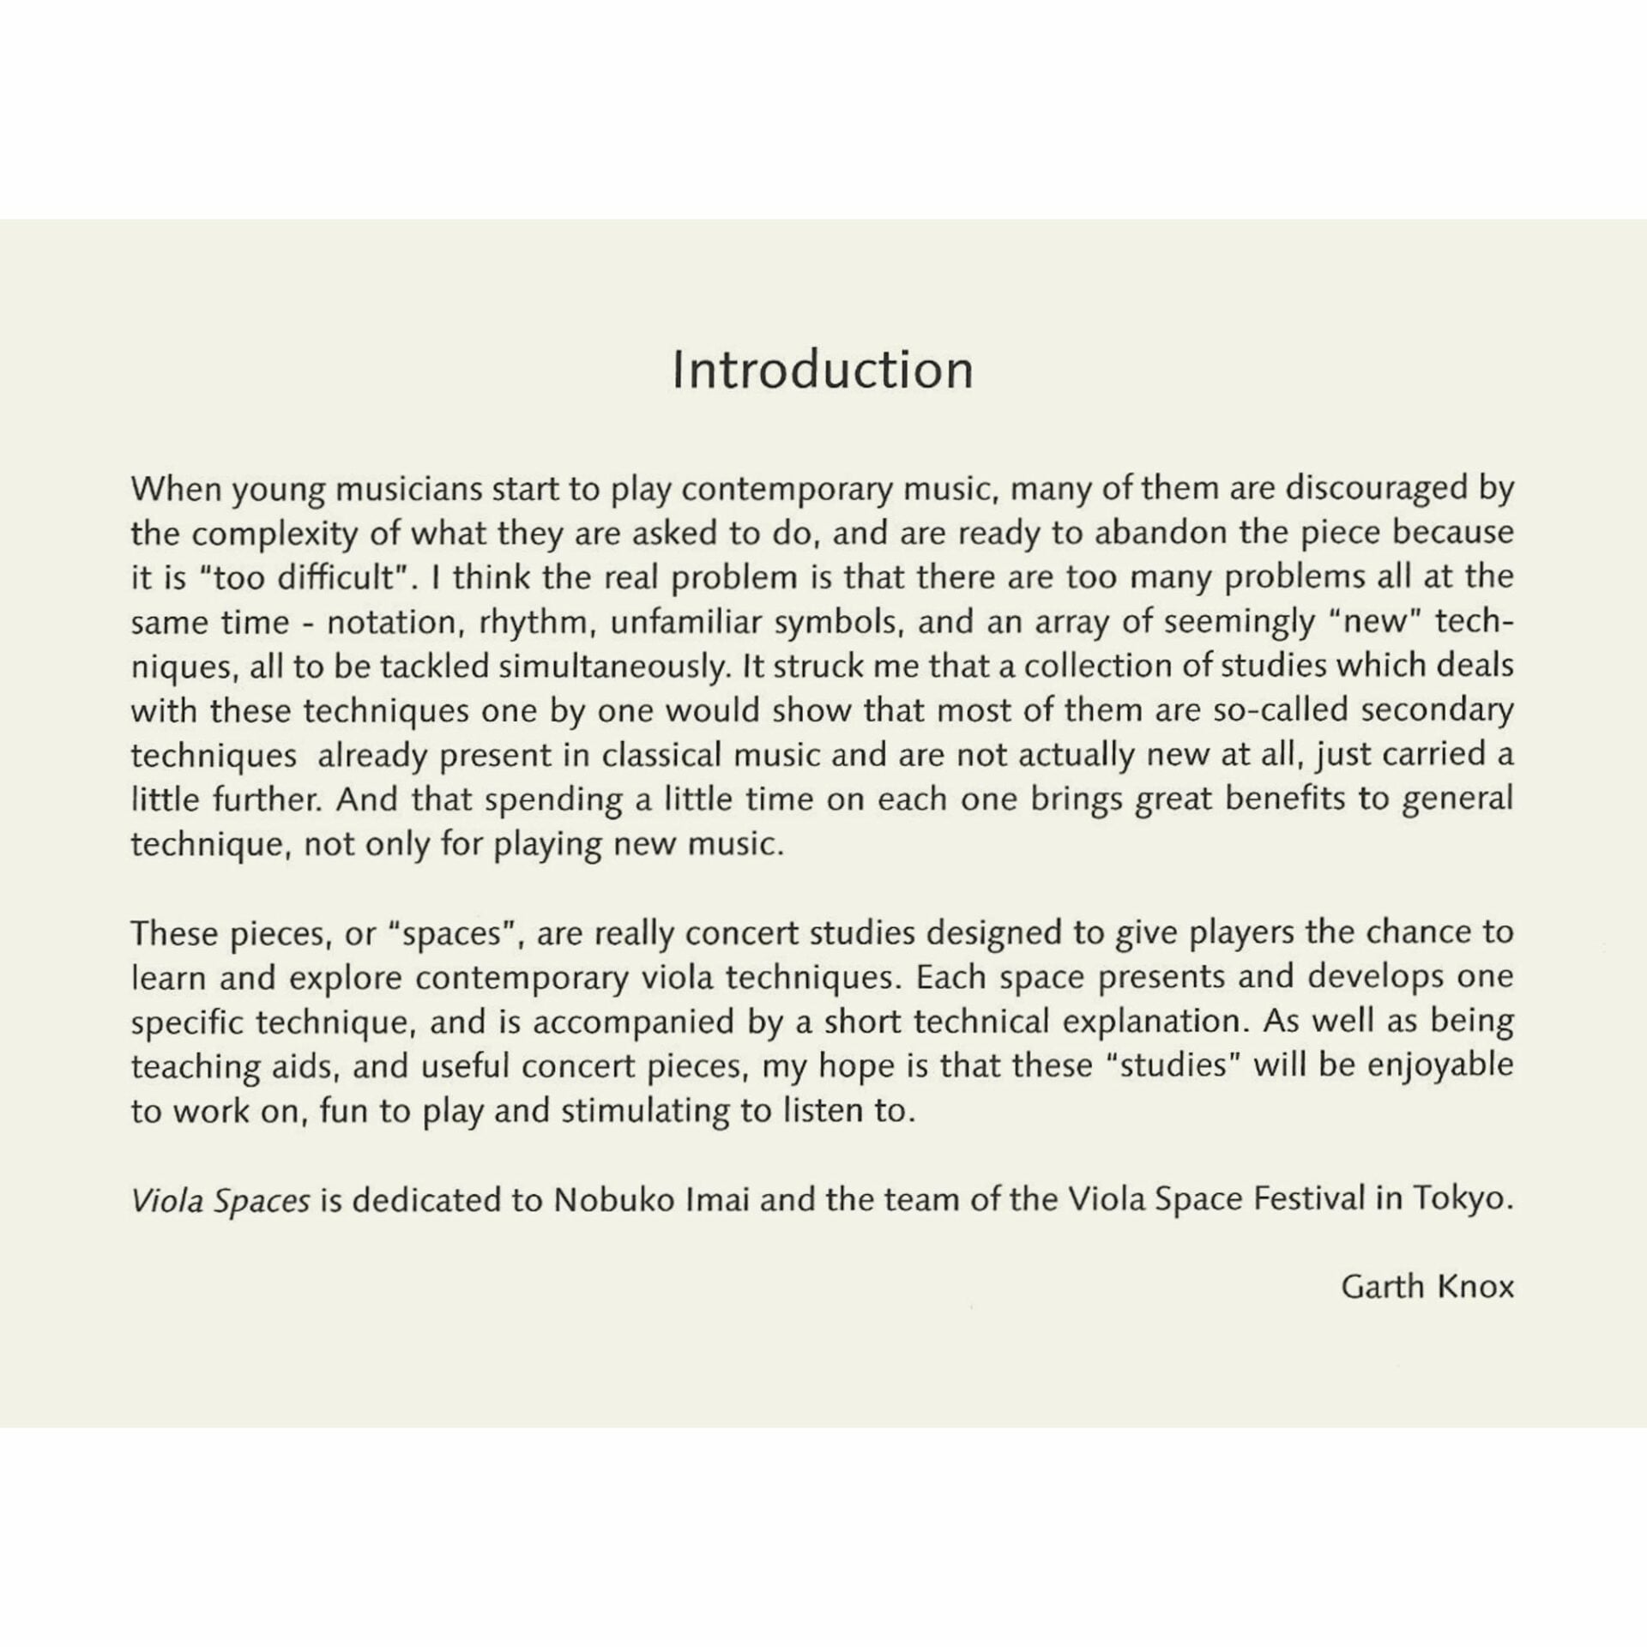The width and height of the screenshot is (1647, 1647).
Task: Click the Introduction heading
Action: (823, 370)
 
